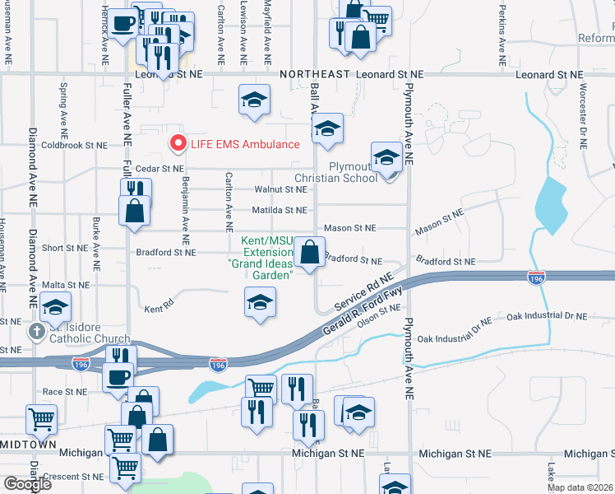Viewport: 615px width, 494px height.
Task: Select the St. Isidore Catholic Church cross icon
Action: pos(36,332)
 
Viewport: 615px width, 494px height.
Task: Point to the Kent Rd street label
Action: pos(160,310)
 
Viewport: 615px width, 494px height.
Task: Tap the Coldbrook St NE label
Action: pos(75,145)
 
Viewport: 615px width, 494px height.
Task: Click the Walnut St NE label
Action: pos(280,189)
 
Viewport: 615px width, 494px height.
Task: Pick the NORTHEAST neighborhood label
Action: pos(315,74)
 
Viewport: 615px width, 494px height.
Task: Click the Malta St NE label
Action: pos(65,285)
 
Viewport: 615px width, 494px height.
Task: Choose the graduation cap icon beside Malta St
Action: pos(55,307)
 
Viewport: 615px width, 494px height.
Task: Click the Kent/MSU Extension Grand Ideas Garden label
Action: pos(261,259)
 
